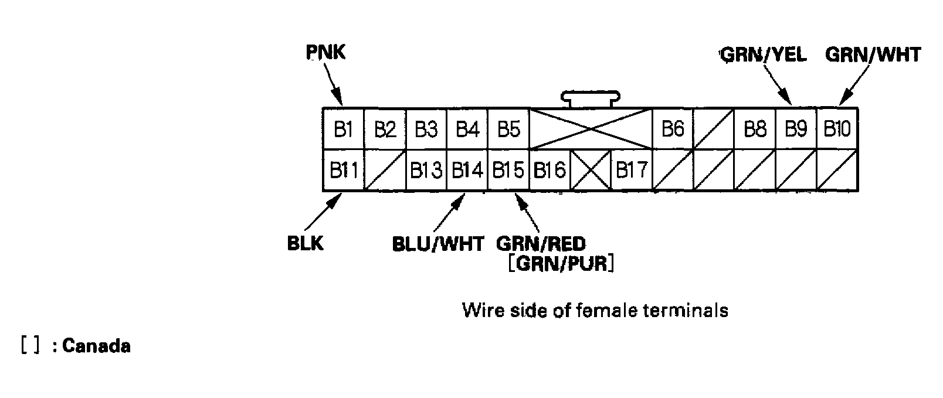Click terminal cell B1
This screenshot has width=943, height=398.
pos(343,129)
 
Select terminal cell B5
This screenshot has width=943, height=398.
pos(508,129)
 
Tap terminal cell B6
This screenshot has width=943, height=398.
pos(673,129)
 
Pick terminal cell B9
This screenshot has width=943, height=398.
pos(796,129)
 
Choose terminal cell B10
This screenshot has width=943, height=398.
pos(837,129)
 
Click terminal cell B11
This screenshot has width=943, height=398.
pos(343,170)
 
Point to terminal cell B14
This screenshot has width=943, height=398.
pos(467,170)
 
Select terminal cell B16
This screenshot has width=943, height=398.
pos(549,170)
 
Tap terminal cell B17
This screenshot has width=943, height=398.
pos(632,170)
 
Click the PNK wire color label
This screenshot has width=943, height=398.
pos(325,52)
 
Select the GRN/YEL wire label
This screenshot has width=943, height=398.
pos(763,55)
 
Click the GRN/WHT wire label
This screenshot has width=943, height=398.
pos(873,55)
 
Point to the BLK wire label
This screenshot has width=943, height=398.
pos(305,243)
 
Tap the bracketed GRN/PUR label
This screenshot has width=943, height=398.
pos(561,264)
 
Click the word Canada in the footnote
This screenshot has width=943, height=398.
pos(96,346)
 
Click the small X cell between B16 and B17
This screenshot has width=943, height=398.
pos(591,170)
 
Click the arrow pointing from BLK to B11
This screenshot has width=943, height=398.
pos(324,213)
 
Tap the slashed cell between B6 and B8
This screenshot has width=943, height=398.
pos(714,129)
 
